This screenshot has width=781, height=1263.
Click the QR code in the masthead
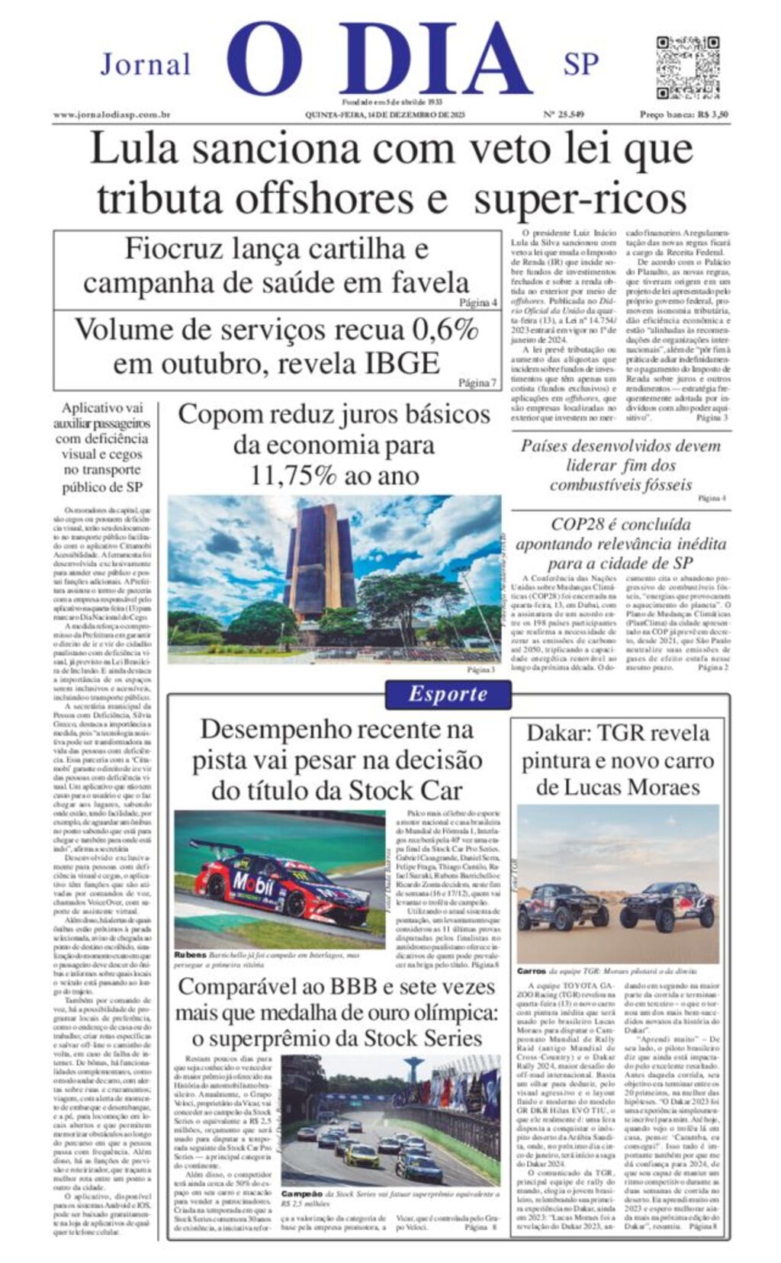click(687, 67)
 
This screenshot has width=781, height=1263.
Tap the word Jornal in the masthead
click(146, 64)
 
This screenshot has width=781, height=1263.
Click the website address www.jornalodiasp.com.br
click(111, 115)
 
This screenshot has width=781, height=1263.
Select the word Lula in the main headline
click(133, 149)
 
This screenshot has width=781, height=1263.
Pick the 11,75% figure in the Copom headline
click(293, 475)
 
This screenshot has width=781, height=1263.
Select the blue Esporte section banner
click(448, 694)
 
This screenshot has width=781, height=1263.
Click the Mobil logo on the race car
click(253, 886)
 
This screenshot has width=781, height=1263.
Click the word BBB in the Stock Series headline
click(356, 987)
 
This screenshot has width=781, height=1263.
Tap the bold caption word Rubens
click(190, 955)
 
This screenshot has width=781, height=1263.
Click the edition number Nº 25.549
click(564, 115)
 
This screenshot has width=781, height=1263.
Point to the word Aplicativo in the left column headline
click(102, 408)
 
